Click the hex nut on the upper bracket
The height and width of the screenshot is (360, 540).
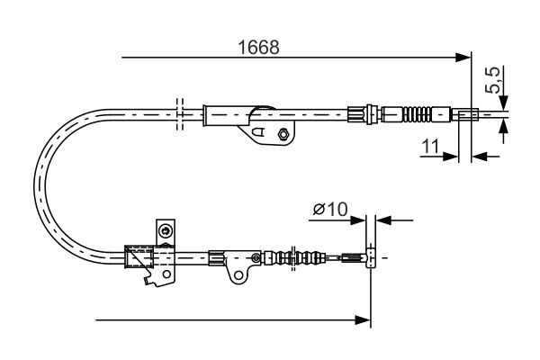click(x=283, y=135)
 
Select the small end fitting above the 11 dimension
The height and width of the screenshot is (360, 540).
click(x=466, y=114)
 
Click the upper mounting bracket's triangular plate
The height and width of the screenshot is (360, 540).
click(x=260, y=130)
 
